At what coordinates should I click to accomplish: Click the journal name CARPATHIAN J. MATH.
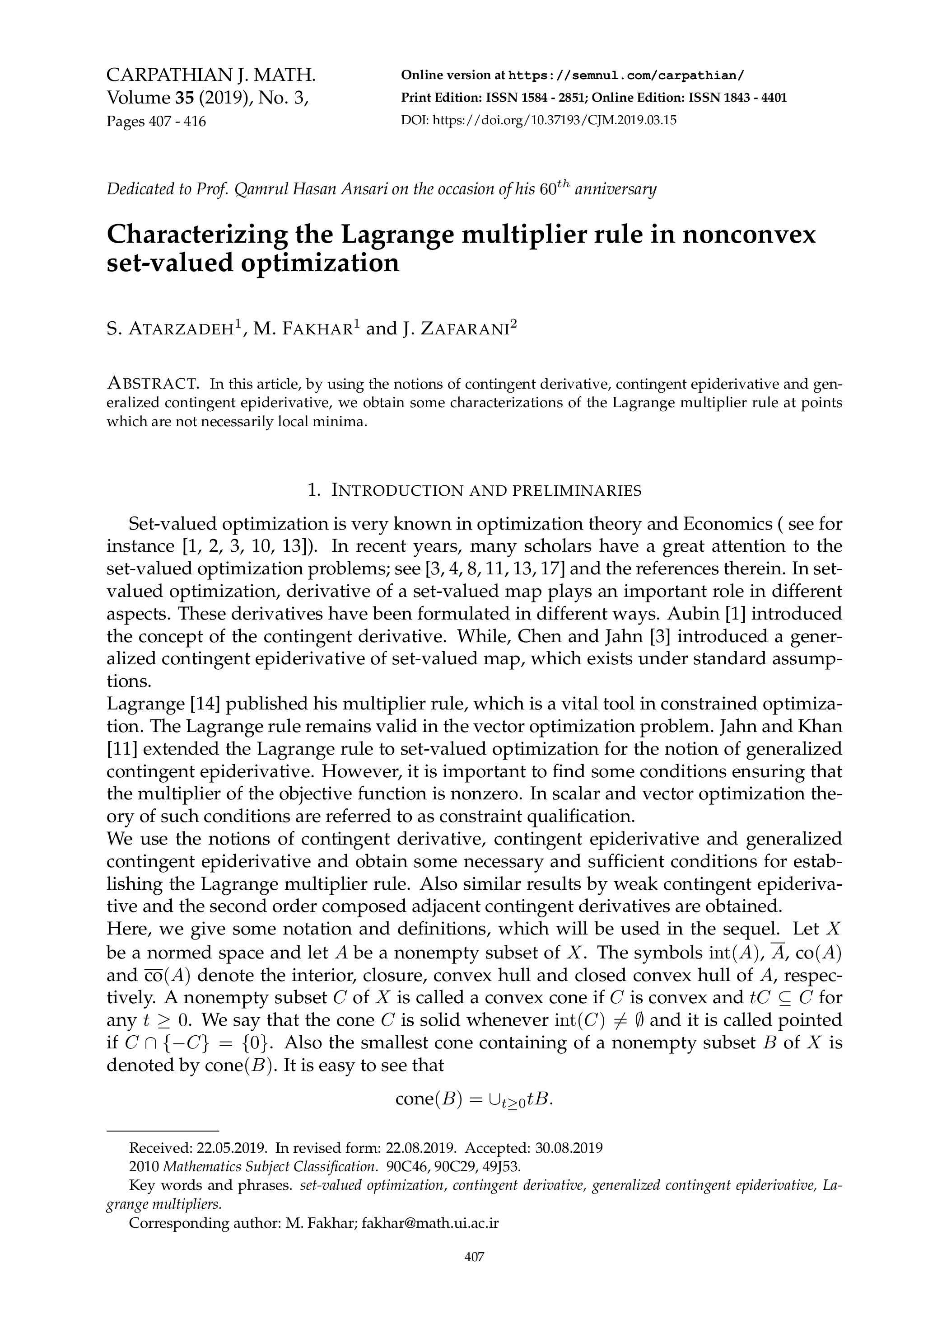coord(211,75)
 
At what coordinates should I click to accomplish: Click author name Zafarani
coord(469,329)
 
